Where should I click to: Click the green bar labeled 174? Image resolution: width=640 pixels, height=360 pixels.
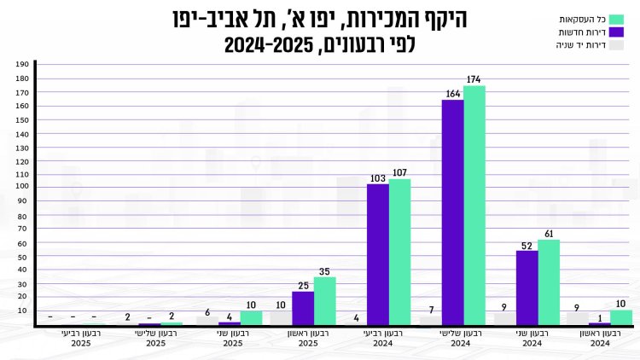[x=474, y=205]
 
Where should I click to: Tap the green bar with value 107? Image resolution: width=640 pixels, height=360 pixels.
[x=399, y=252]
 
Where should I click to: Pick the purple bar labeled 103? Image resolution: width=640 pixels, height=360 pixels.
[x=378, y=254]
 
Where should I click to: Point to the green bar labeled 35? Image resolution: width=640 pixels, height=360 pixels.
[x=325, y=300]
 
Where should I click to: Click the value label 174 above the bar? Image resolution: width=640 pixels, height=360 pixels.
[x=474, y=79]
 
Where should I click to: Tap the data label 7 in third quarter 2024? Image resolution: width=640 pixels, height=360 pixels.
[x=432, y=309]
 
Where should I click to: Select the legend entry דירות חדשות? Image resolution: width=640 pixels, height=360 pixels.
[x=589, y=32]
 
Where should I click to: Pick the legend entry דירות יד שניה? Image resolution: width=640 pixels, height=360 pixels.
[x=587, y=46]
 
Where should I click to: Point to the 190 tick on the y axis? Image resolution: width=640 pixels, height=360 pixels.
[x=23, y=64]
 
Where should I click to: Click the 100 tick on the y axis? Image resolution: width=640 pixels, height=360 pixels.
[x=23, y=186]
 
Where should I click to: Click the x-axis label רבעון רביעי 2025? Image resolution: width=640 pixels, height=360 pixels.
[x=81, y=338]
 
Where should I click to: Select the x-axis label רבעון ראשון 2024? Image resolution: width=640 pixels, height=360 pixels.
[x=600, y=338]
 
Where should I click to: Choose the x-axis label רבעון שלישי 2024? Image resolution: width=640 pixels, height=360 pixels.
[x=461, y=338]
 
